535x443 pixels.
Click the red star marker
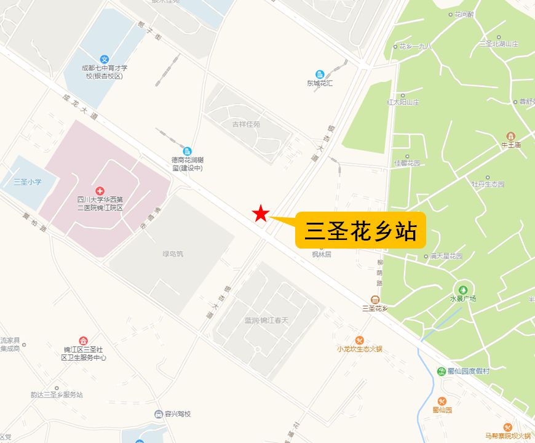tap(261, 214)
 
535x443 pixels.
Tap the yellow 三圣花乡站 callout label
tap(360, 231)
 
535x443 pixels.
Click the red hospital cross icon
tap(100, 189)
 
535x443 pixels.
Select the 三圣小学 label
tap(27, 182)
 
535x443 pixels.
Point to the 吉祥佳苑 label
tap(246, 124)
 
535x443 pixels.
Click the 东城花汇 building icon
tap(320, 74)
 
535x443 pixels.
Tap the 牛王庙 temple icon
tap(510, 136)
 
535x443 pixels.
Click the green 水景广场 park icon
tap(463, 289)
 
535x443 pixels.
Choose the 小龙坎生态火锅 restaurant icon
tap(360, 340)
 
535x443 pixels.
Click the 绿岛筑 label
tap(172, 253)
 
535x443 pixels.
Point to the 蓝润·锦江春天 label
tap(266, 321)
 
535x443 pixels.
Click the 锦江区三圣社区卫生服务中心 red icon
tap(84, 340)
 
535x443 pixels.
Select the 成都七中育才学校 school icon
tap(105, 60)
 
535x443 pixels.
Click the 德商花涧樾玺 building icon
tap(187, 151)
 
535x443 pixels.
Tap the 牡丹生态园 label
tap(488, 184)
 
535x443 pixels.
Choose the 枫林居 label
tap(321, 253)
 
